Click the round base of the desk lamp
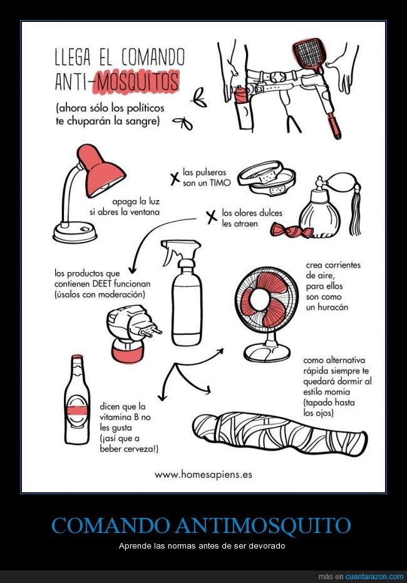(x=75, y=233)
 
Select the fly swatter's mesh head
(x=309, y=54)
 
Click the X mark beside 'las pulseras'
(x=175, y=179)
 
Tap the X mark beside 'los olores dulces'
(x=212, y=217)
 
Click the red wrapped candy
(x=290, y=231)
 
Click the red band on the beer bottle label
(x=77, y=410)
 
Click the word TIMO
(x=220, y=183)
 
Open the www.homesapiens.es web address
(x=203, y=475)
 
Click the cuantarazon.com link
(x=374, y=577)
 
